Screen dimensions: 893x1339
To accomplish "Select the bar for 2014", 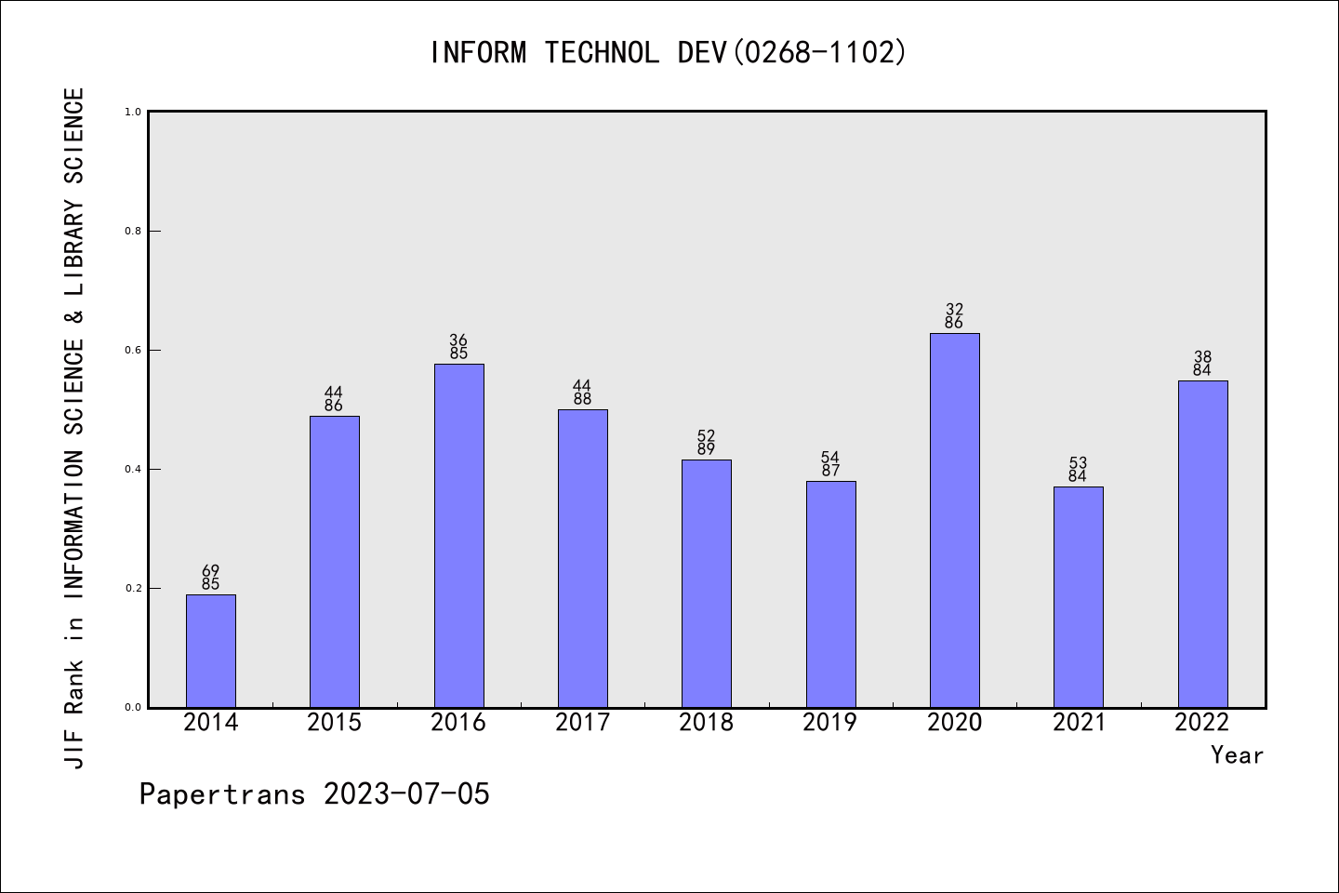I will coord(211,650).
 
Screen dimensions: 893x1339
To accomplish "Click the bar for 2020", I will coord(954,520).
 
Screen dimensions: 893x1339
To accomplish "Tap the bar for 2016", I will coord(458,535).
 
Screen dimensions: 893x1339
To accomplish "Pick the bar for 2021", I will coord(1078,596).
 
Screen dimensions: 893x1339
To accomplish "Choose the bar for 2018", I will coord(706,583).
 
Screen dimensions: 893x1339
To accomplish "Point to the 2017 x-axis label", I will coord(582,723).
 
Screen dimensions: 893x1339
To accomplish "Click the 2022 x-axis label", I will coord(1202,723).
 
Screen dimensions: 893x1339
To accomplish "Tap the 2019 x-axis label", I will coord(830,723).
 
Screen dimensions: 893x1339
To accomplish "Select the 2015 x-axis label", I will coord(334,723).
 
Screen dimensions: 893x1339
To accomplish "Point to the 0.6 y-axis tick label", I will coord(133,351).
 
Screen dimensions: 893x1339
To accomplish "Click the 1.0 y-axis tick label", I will coord(133,113).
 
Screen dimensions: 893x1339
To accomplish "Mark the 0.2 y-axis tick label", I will coord(133,589).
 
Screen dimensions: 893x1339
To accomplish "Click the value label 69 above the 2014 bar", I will coord(211,570).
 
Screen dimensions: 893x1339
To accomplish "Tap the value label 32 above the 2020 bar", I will coord(954,309).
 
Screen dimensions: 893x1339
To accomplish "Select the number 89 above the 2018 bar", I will coord(706,449).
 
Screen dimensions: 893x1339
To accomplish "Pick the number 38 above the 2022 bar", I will coord(1202,356).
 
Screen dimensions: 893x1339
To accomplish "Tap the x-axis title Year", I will coord(1237,755).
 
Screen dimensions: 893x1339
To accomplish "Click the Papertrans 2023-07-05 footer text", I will coord(314,794).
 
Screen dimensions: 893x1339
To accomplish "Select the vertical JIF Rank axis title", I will coord(74,428).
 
